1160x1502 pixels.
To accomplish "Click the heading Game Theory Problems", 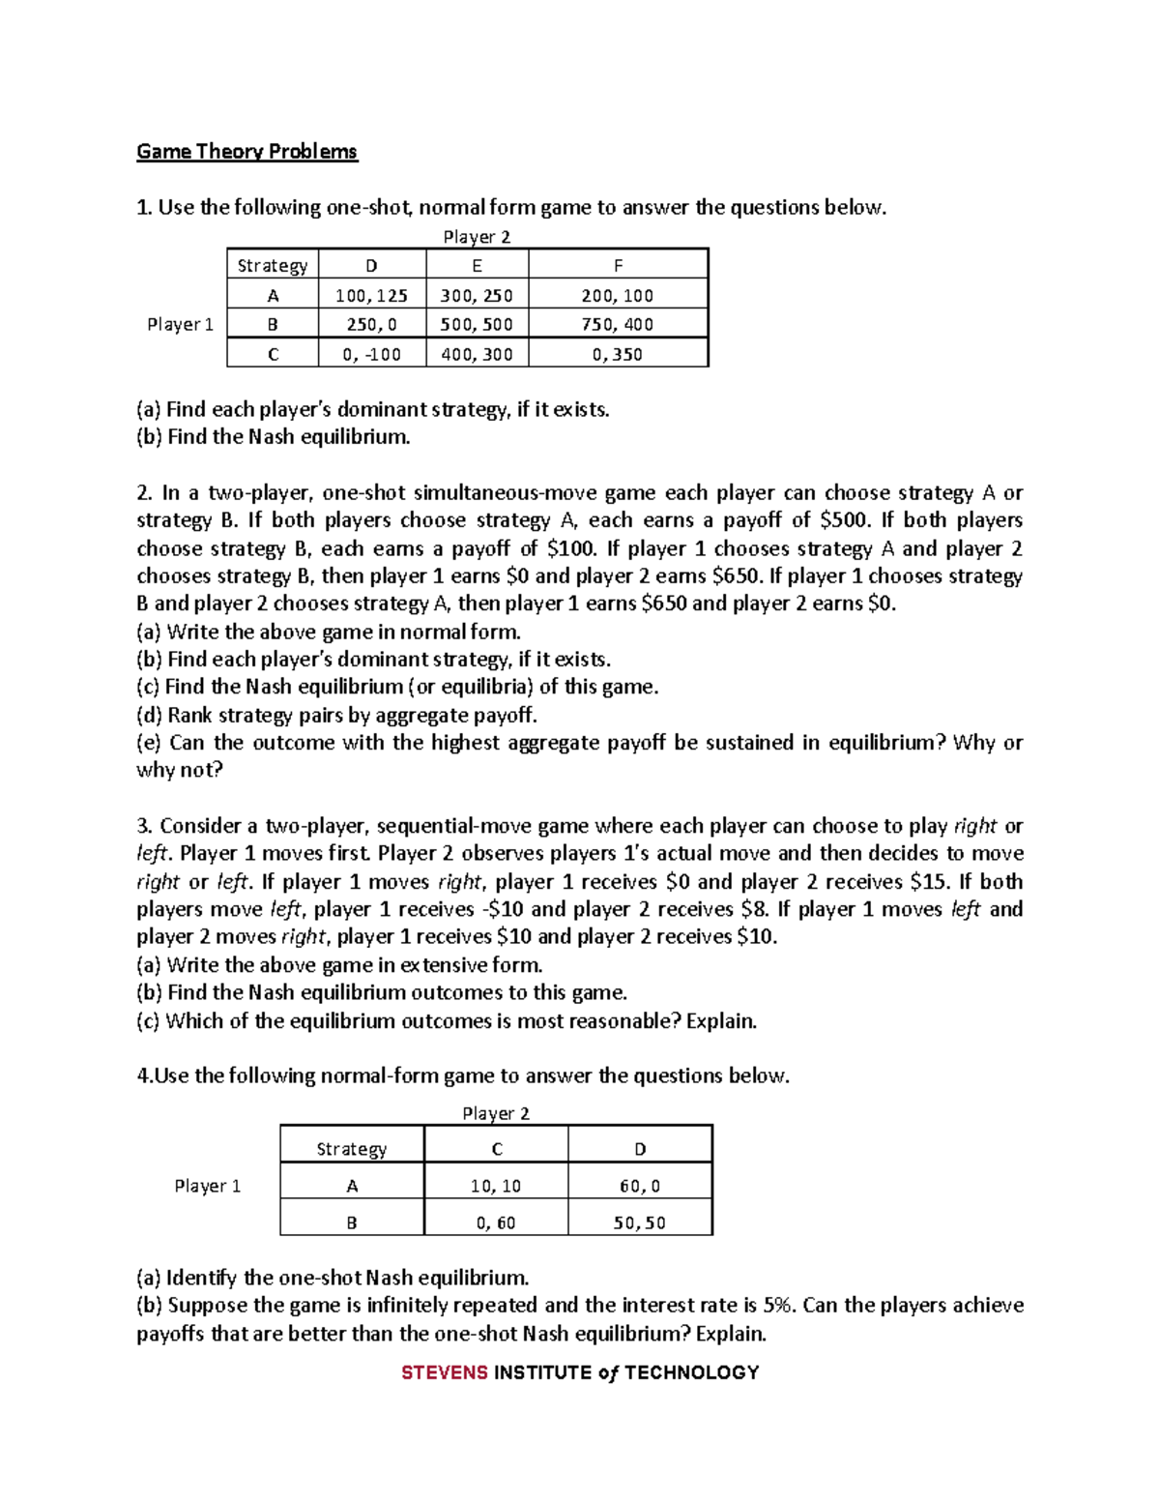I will pos(246,152).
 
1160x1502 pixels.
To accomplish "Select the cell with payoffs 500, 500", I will pos(477,324).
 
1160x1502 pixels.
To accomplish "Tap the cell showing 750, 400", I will pos(618,324).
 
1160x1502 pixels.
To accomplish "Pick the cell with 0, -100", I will pos(371,354).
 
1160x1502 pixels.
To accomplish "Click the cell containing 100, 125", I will pos(371,295).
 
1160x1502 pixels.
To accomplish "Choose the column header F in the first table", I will pos(618,265).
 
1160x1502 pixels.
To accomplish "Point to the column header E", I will pos(477,265).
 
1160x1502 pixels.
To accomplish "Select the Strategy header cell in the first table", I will pos(273,265).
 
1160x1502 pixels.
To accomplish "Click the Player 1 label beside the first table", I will pos(180,324).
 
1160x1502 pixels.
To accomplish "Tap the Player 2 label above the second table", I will pos(496,1113).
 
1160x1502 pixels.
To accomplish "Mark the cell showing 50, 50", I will pos(640,1222).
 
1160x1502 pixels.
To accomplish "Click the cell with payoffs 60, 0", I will pos(640,1186).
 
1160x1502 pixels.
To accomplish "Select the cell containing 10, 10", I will pos(496,1186).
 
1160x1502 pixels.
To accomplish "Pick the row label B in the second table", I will pos(352,1222).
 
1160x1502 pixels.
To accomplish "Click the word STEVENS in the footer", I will pos(445,1372).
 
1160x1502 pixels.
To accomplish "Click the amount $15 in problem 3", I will pos(931,881).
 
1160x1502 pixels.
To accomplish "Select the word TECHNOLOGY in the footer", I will pos(692,1372).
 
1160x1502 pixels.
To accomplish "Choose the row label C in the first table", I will pos(273,354).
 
